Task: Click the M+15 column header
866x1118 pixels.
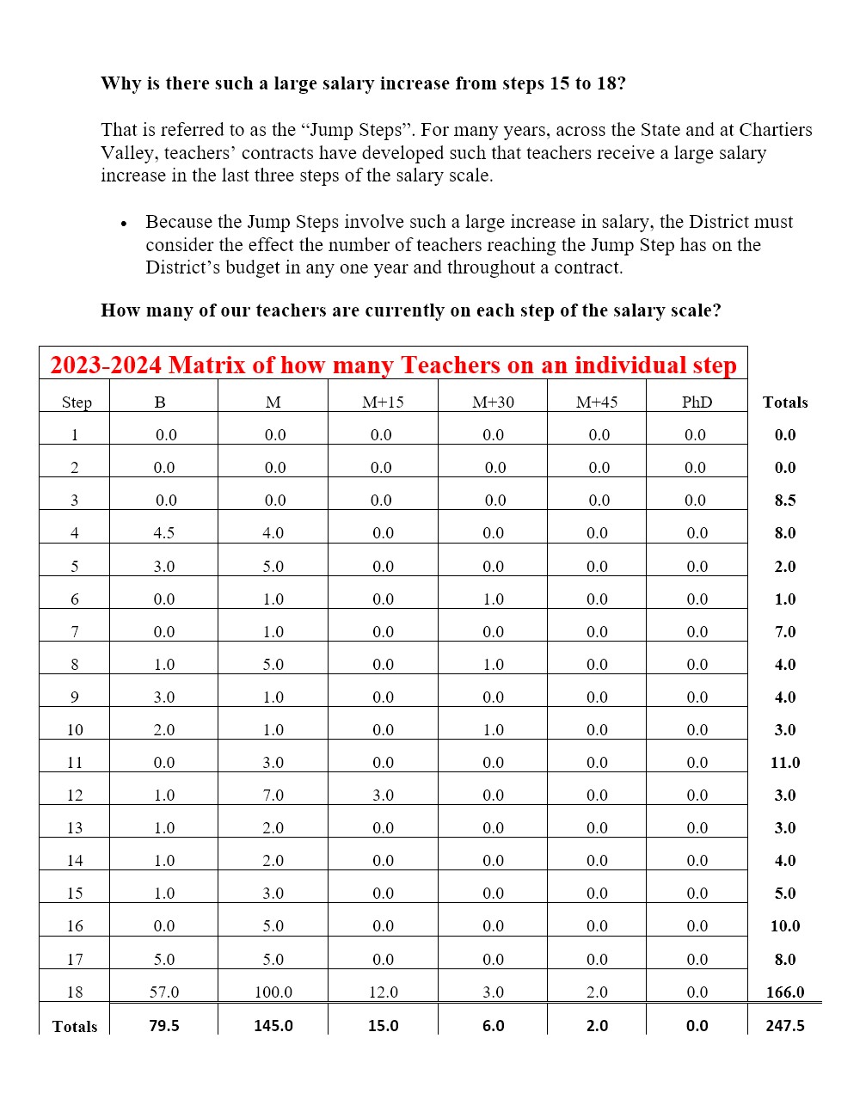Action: pos(383,402)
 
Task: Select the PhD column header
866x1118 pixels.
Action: pos(697,402)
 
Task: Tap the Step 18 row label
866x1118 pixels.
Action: pos(75,992)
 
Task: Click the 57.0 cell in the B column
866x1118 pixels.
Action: pos(164,992)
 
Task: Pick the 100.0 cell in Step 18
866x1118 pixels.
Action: pos(273,992)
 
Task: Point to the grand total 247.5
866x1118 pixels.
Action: pos(785,1026)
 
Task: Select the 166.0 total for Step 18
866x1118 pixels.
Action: pos(785,992)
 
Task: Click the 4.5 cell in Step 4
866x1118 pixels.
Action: pos(164,533)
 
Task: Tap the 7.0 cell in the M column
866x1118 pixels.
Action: pos(273,795)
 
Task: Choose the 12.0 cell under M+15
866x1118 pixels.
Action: pos(384,992)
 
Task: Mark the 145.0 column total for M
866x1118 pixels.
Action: pos(273,1026)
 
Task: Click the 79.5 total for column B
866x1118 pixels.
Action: pos(164,1026)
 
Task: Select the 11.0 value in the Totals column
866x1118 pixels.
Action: pos(785,763)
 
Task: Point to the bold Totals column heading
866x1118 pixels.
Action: pos(785,402)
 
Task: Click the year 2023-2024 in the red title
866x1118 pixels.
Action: pos(106,365)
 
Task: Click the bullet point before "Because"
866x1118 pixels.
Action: pos(125,224)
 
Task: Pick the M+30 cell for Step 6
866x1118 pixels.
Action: pos(494,599)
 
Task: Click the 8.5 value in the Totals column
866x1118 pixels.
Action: pos(785,501)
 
